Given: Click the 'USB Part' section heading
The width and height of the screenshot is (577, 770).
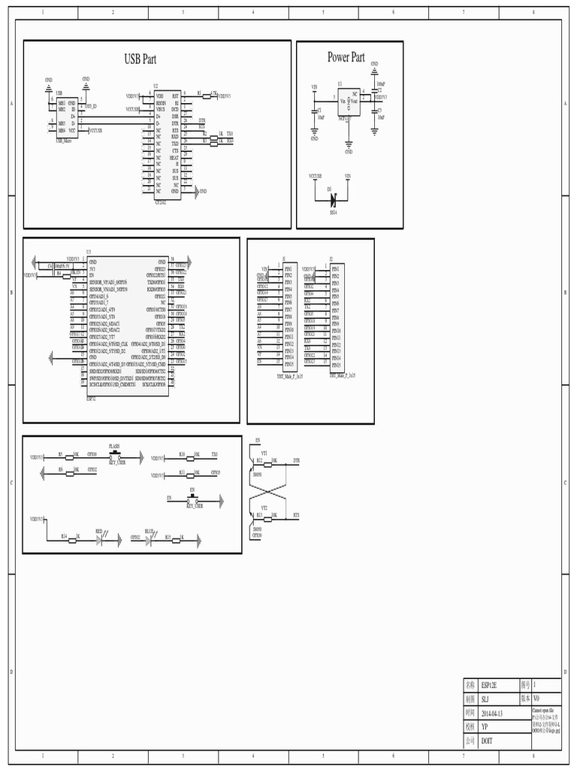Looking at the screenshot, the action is tap(140, 59).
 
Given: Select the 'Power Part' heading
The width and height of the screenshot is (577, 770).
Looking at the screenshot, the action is tap(346, 57).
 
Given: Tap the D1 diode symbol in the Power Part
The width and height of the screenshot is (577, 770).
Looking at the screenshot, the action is tap(331, 199).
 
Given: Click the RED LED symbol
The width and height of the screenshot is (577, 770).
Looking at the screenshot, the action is tap(99, 538).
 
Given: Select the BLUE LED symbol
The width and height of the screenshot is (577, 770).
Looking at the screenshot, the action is tap(150, 538).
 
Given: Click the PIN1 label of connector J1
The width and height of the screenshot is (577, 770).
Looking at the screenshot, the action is tap(288, 268).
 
